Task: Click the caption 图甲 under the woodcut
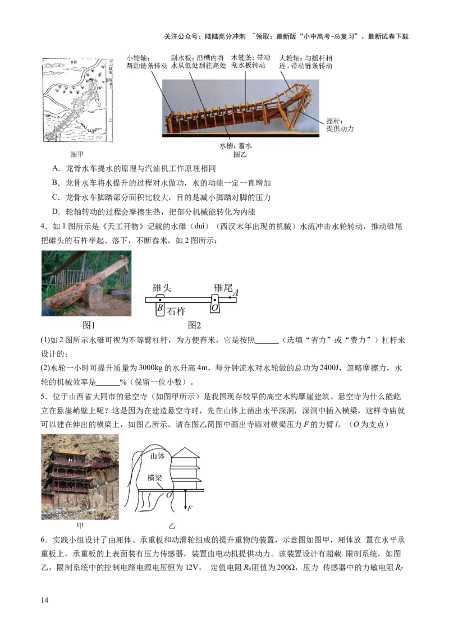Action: point(77,154)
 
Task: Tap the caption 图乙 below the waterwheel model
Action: point(240,154)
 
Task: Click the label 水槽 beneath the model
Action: point(227,145)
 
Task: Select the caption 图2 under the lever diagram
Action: point(195,325)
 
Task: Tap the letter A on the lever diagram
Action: point(236,292)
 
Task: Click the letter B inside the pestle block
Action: point(160,307)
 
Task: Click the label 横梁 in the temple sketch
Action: point(155,477)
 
